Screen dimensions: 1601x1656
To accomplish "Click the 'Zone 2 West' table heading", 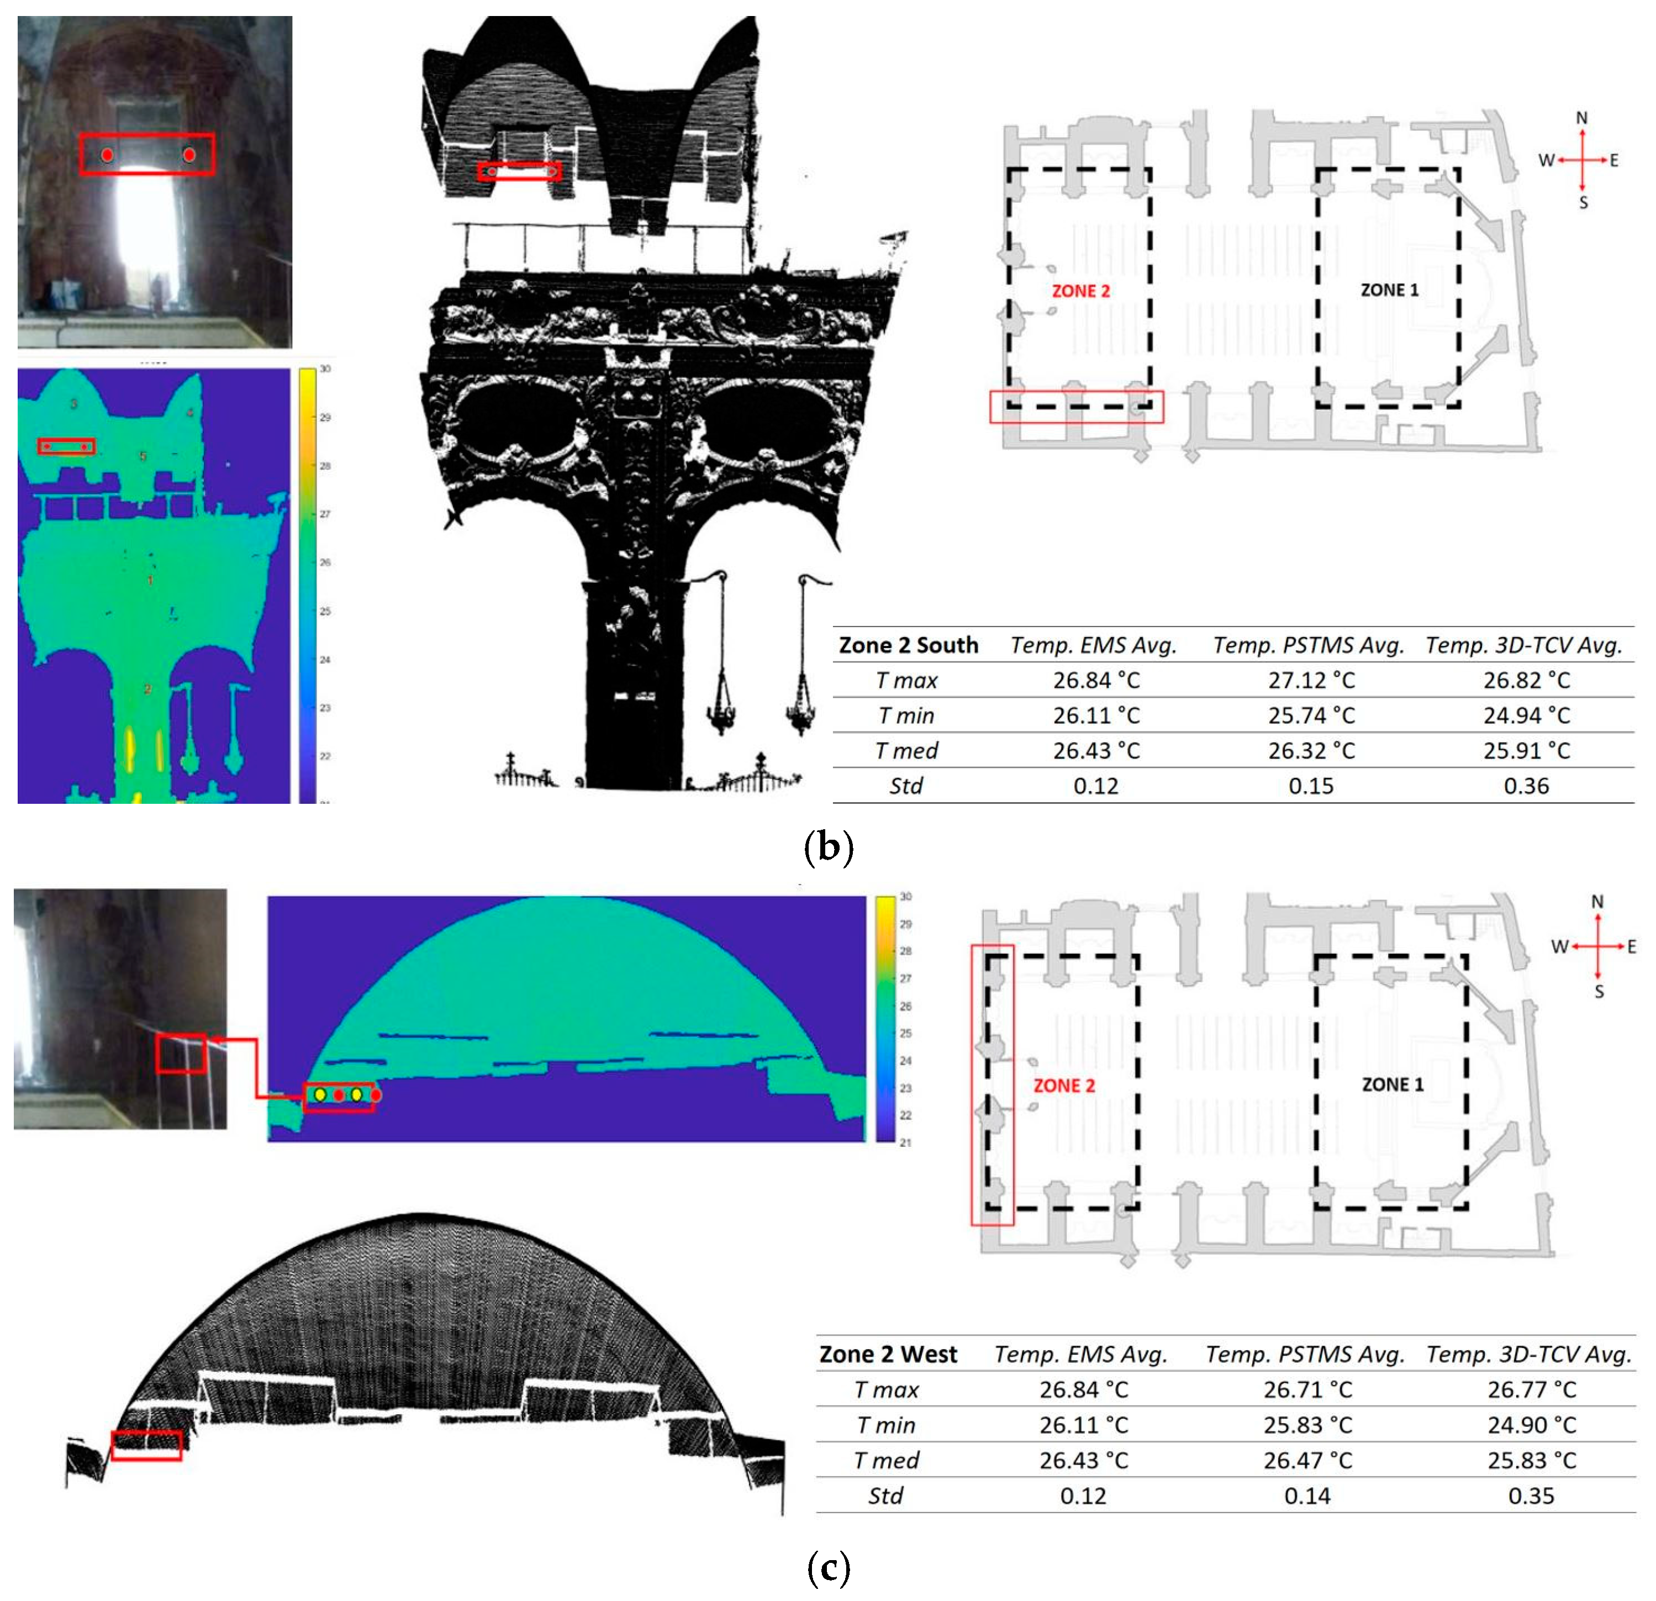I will [887, 1354].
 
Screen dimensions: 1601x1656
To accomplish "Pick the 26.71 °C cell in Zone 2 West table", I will [1307, 1390].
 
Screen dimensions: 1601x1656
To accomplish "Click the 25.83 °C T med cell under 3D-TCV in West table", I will [1531, 1461].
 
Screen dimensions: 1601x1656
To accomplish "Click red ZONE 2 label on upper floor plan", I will [1080, 291].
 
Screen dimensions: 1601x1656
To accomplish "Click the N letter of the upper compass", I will [1581, 118].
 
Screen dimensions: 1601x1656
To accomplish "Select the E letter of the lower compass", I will [1632, 946].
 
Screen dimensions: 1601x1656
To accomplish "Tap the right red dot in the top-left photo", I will [189, 155].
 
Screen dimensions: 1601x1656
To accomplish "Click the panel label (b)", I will [828, 846].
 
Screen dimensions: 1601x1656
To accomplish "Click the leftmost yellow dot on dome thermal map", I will [320, 1095].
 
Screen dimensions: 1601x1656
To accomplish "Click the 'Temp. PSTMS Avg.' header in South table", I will [1308, 645].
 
